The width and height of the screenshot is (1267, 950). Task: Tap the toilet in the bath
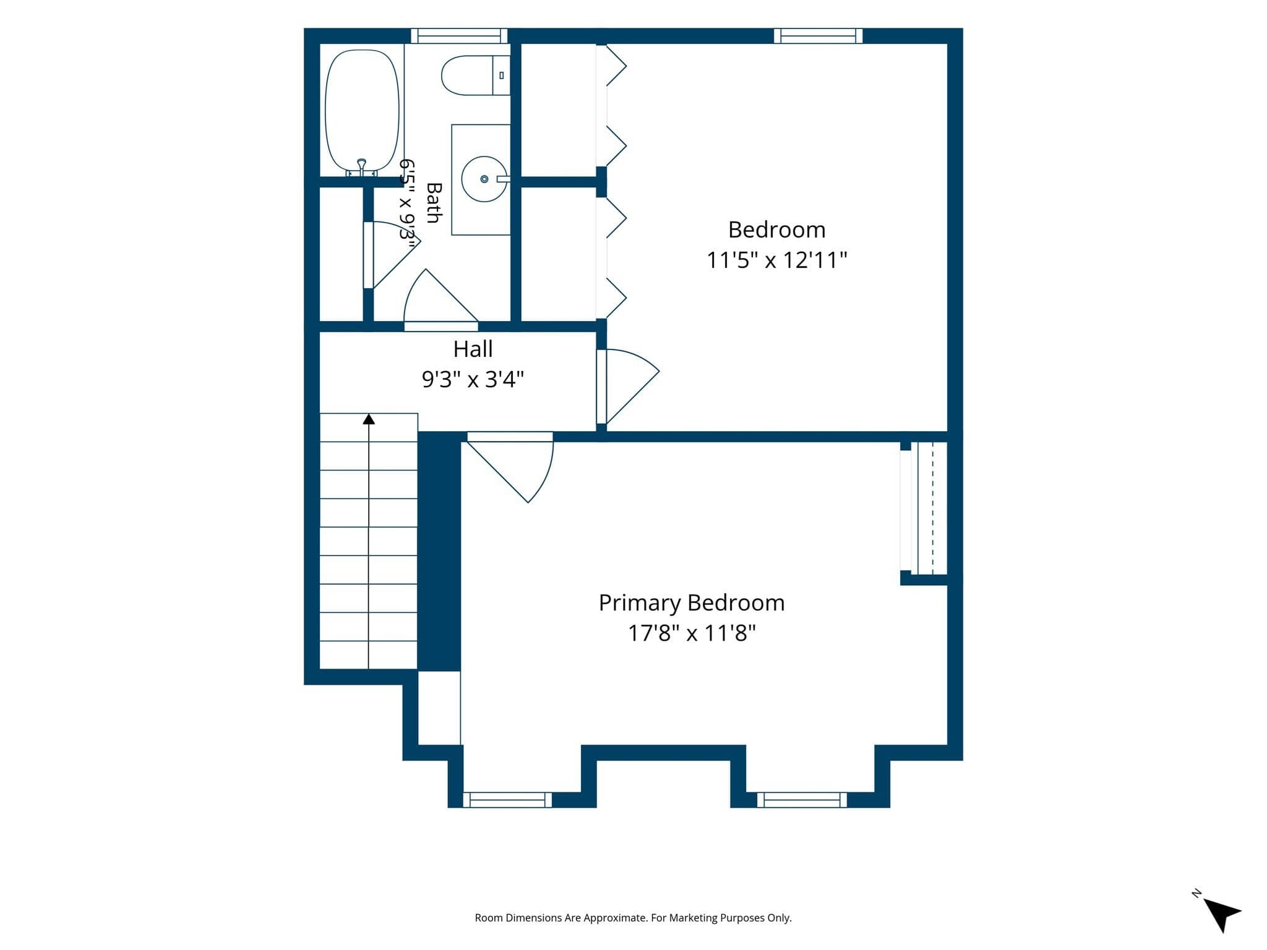476,75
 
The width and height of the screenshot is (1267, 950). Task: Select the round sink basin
484,179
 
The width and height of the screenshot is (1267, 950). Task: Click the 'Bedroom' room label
776,230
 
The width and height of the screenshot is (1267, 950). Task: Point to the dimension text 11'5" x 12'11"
776,260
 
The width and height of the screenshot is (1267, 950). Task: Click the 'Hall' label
473,349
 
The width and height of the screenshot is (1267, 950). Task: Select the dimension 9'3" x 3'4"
473,379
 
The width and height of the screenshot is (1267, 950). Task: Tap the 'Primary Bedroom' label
692,603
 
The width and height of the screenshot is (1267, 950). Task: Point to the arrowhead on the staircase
369,419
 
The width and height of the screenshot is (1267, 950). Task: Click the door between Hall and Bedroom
627,386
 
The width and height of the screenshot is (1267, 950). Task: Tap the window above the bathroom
459,36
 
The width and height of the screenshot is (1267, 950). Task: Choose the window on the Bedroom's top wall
818,36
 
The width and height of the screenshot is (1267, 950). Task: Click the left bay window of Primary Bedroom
507,800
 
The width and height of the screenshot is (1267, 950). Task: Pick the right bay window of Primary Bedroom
802,800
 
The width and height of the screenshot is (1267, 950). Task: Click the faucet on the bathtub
362,166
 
